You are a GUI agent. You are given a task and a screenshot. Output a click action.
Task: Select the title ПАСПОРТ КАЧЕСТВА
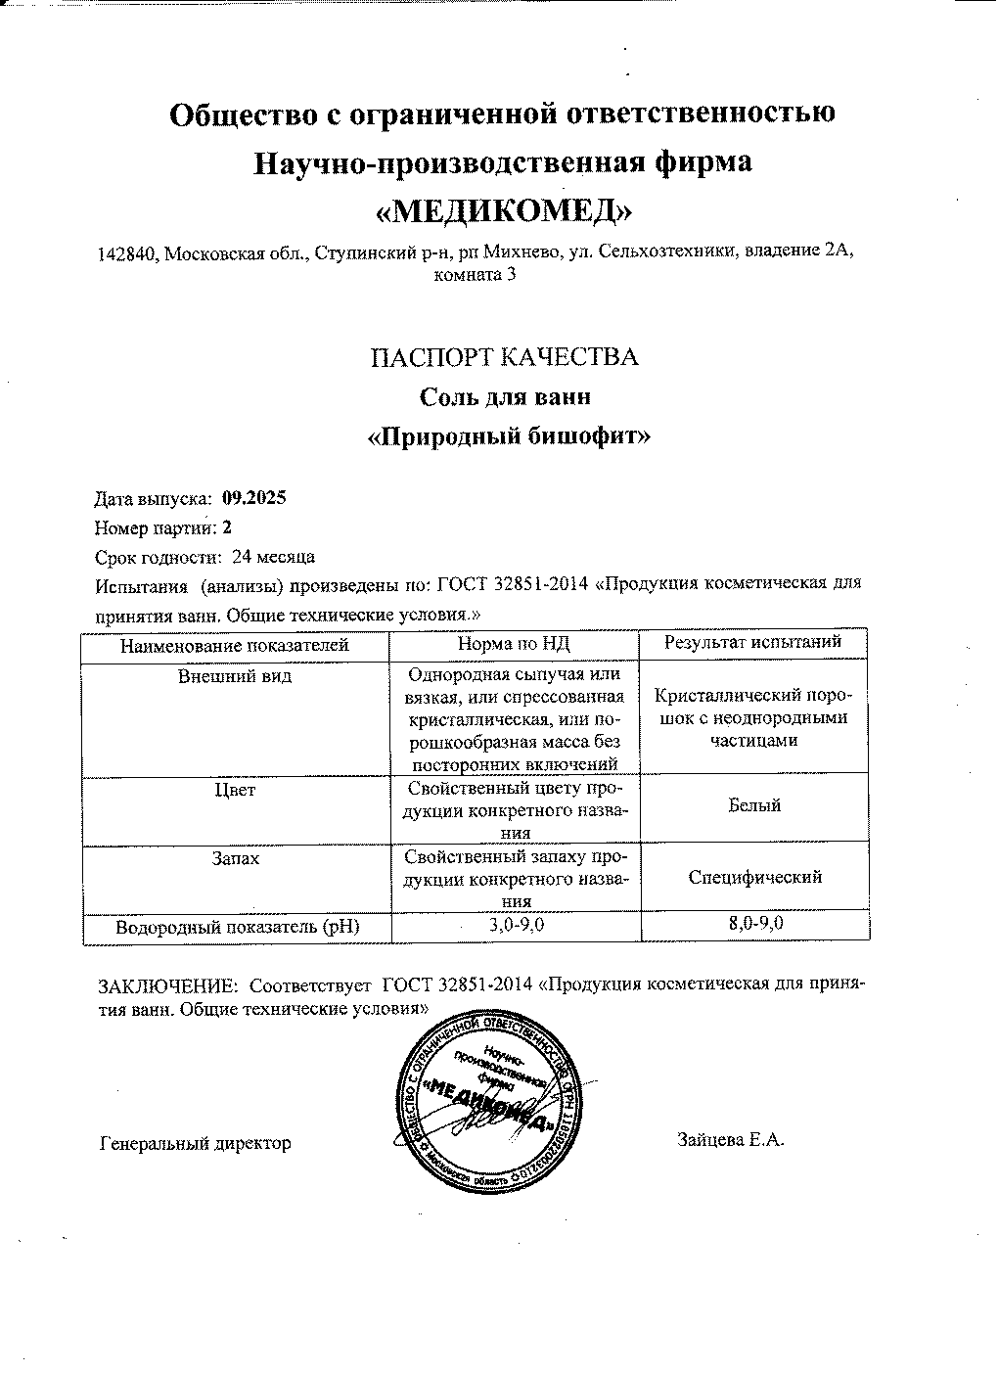pyautogui.click(x=504, y=357)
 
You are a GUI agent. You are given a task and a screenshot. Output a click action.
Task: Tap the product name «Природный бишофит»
pyautogui.click(x=508, y=435)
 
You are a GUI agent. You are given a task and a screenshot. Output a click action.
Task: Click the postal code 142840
pyautogui.click(x=126, y=253)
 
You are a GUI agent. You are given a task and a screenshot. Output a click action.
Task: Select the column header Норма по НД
pyautogui.click(x=514, y=644)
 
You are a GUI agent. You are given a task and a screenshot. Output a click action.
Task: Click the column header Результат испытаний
pyautogui.click(x=753, y=643)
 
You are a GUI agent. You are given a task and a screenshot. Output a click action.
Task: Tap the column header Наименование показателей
pyautogui.click(x=235, y=645)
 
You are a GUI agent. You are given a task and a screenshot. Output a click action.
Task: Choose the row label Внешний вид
pyautogui.click(x=235, y=676)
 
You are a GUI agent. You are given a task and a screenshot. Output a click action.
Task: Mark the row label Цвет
pyautogui.click(x=235, y=790)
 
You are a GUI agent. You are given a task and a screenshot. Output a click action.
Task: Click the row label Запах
pyautogui.click(x=235, y=857)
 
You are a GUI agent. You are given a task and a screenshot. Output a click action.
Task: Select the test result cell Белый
pyautogui.click(x=754, y=805)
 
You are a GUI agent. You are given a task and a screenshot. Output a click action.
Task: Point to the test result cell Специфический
pyautogui.click(x=754, y=877)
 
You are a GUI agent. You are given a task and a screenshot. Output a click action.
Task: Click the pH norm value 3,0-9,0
pyautogui.click(x=515, y=925)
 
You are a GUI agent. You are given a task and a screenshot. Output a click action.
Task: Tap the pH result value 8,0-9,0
pyautogui.click(x=754, y=924)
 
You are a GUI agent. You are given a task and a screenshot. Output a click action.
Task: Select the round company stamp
pyautogui.click(x=495, y=1104)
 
